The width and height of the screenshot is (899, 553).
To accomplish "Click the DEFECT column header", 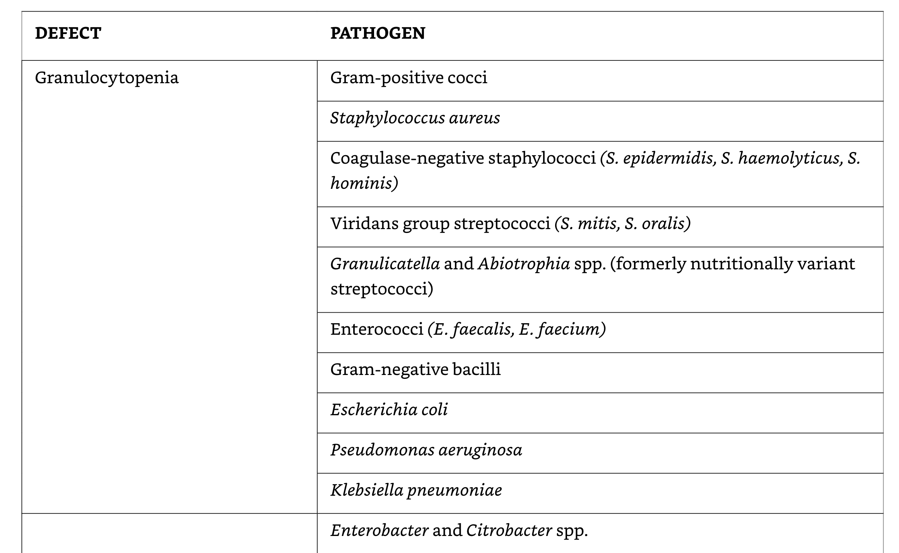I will [68, 33].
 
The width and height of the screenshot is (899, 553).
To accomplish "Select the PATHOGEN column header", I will [378, 33].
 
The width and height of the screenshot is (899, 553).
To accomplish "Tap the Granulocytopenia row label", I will [107, 78].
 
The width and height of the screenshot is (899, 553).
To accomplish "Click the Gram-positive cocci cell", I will [408, 78].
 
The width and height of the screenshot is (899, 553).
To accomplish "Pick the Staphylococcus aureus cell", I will [415, 118].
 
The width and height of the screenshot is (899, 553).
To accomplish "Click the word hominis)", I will [364, 183].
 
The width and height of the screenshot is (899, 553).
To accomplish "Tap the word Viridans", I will [364, 224].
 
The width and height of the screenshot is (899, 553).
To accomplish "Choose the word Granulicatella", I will [385, 264].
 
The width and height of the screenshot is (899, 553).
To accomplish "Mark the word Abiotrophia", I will [524, 264].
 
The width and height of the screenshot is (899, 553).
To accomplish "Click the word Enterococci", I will [377, 329].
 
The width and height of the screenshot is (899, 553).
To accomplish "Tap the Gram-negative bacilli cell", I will [415, 370].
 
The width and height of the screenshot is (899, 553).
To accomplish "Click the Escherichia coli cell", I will [389, 410].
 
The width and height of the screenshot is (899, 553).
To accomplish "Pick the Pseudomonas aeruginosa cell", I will [426, 450].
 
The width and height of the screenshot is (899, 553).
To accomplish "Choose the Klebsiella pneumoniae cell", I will [416, 490].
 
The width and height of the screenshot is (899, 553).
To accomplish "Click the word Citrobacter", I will [509, 531].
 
